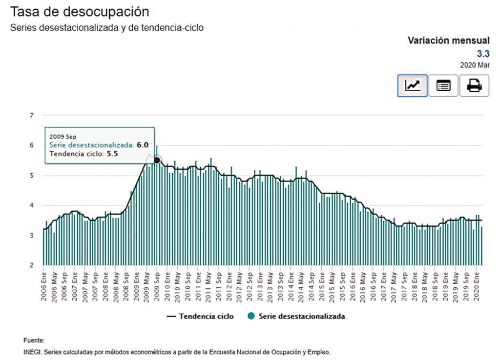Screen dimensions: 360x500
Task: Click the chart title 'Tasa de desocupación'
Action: (x=80, y=12)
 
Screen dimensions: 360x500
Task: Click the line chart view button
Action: (x=412, y=86)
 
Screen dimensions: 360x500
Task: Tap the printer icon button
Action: (x=474, y=86)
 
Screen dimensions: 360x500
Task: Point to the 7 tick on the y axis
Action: (x=32, y=116)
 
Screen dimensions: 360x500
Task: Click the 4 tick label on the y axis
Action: (x=32, y=205)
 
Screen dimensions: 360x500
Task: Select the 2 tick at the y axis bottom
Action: (x=32, y=265)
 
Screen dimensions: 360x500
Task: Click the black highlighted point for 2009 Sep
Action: (x=157, y=160)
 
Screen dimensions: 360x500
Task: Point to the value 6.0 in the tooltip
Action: (x=143, y=145)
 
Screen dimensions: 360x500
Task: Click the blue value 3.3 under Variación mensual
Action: (x=483, y=54)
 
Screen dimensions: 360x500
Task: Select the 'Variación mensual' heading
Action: (x=448, y=40)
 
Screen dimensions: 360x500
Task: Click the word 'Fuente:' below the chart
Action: (x=34, y=340)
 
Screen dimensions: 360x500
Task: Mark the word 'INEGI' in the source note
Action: (x=32, y=352)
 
